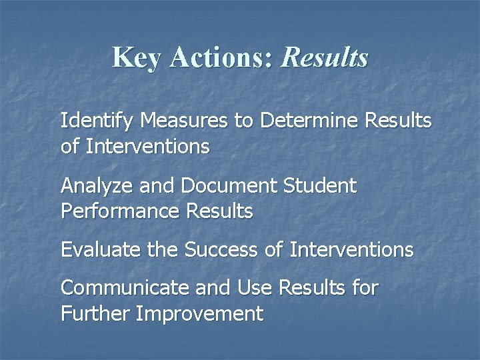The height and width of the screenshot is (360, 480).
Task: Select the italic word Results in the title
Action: pyautogui.click(x=325, y=57)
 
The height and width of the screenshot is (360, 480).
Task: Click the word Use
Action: pyautogui.click(x=254, y=289)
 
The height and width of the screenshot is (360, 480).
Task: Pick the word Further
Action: pyautogui.click(x=95, y=314)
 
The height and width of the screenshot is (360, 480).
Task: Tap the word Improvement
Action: pyautogui.click(x=199, y=314)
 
